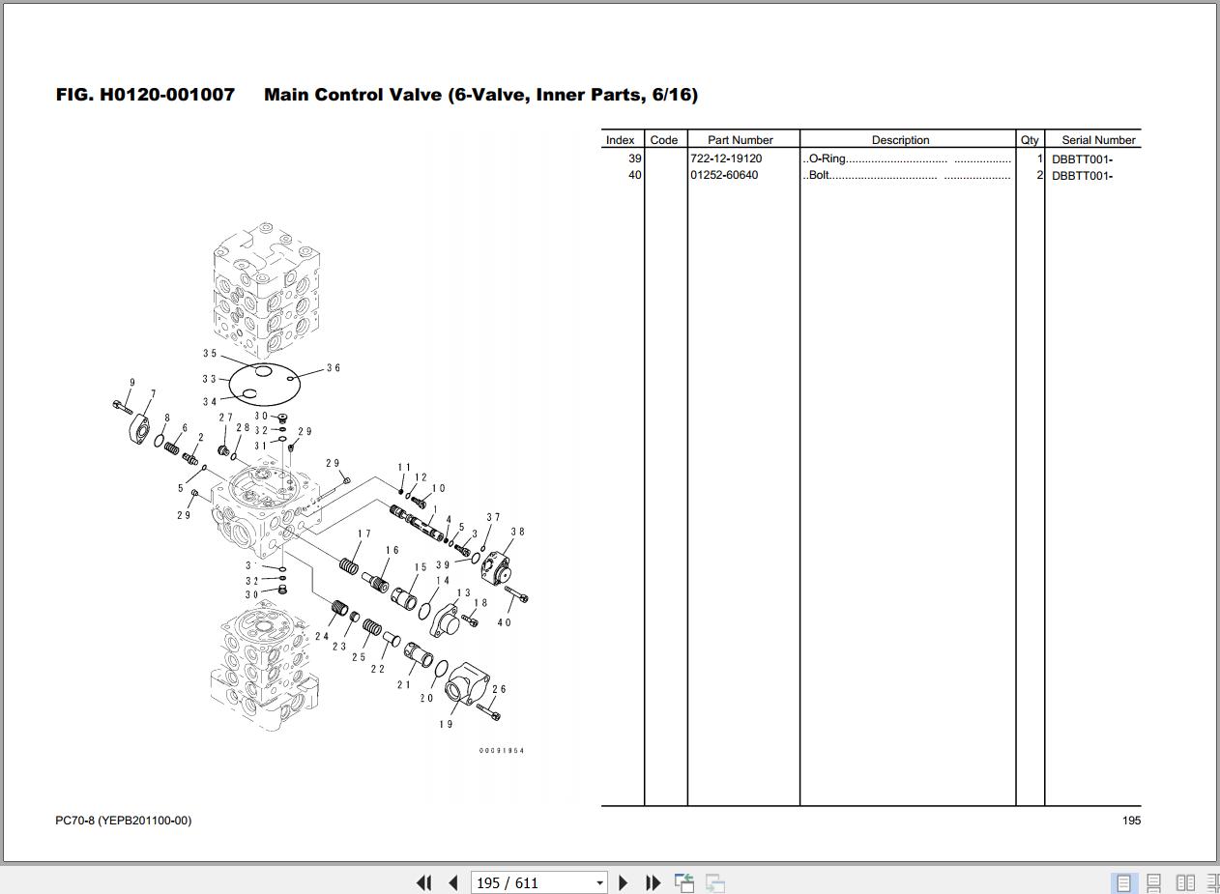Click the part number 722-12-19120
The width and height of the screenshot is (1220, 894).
(726, 159)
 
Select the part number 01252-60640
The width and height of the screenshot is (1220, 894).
(724, 175)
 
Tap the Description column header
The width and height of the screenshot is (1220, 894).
(900, 140)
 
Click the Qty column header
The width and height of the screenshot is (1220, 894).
(1030, 140)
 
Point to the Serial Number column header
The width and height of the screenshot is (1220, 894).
(1098, 140)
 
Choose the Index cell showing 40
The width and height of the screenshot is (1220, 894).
(634, 175)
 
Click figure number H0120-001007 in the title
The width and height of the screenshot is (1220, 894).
(167, 95)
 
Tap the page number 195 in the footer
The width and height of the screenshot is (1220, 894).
(1131, 821)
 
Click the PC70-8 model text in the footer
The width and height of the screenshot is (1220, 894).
(74, 821)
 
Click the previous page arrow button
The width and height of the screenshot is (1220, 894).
(452, 882)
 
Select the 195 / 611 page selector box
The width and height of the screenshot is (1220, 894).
(539, 882)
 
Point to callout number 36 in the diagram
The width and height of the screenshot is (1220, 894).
(334, 368)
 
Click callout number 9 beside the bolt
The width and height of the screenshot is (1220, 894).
(131, 383)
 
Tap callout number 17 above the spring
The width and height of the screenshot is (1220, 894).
(364, 534)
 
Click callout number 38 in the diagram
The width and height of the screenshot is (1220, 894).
(517, 532)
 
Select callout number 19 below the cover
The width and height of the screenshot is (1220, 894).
(446, 724)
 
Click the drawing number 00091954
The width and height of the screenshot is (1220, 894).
(502, 751)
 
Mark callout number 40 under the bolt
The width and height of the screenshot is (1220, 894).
(504, 622)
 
